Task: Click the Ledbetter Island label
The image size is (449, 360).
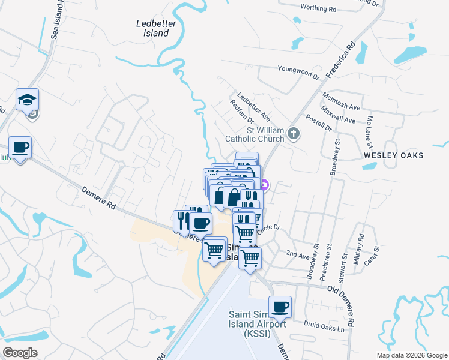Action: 152,28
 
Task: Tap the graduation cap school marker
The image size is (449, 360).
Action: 27,100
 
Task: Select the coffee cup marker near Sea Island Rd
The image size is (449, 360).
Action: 20,148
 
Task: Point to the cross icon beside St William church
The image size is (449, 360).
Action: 294,133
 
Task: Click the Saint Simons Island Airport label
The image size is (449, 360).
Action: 257,325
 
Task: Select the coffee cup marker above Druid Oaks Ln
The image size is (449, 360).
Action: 280,307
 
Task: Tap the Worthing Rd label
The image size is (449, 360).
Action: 318,9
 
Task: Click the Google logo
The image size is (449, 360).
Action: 20,353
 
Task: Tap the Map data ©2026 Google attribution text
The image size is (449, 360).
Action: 411,355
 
